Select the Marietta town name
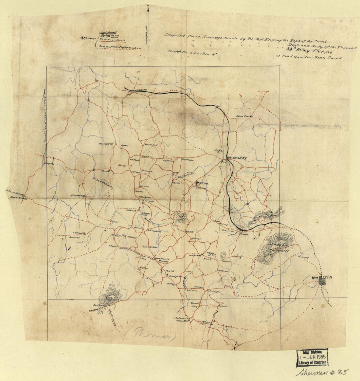[x=322, y=277]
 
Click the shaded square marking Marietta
[x=322, y=281]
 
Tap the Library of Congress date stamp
[x=312, y=358]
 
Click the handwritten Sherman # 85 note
[x=322, y=372]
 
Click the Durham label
[x=147, y=156]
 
